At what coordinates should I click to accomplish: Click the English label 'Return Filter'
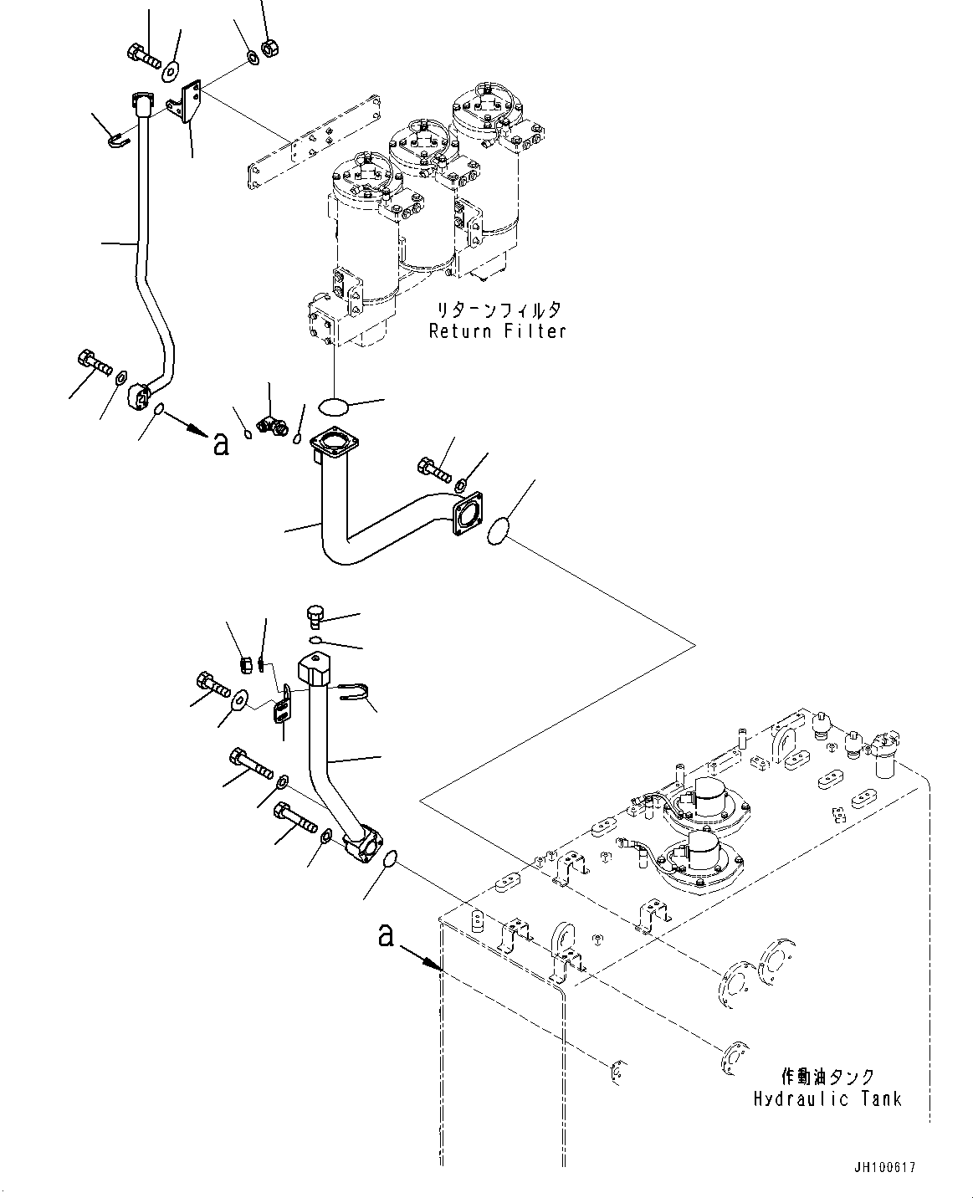(x=497, y=330)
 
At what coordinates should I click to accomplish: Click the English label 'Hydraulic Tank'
(x=827, y=1098)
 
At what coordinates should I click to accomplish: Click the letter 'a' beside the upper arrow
(x=220, y=444)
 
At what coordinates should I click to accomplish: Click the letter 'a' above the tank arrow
(x=386, y=934)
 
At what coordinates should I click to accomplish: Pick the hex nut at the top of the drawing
(x=270, y=49)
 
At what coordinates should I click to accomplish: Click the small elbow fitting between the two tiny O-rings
(x=271, y=425)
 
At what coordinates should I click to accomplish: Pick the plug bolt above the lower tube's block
(x=315, y=617)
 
